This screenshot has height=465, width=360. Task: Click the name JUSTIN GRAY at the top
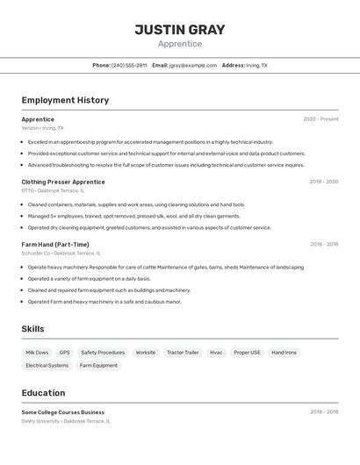180,30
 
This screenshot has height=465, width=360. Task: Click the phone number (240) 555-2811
129,65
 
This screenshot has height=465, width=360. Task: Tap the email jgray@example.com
193,65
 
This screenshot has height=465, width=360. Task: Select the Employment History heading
65,100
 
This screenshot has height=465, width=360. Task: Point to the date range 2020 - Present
320,119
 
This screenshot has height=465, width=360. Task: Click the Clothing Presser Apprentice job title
63,182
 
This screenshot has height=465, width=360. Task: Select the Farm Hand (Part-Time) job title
55,245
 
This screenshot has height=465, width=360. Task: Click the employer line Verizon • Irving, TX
43,128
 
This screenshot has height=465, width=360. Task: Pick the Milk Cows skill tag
37,353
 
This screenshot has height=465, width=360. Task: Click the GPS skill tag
65,353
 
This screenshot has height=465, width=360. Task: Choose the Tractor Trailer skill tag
183,353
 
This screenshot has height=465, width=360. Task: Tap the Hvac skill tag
216,353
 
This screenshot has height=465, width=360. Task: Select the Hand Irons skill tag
284,353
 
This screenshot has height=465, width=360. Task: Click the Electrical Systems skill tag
47,365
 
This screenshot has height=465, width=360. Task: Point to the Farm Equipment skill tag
98,365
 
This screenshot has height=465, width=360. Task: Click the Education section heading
43,393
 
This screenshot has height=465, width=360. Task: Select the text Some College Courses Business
63,412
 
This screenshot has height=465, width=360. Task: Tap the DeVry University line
66,421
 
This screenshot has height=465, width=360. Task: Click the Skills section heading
33,329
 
